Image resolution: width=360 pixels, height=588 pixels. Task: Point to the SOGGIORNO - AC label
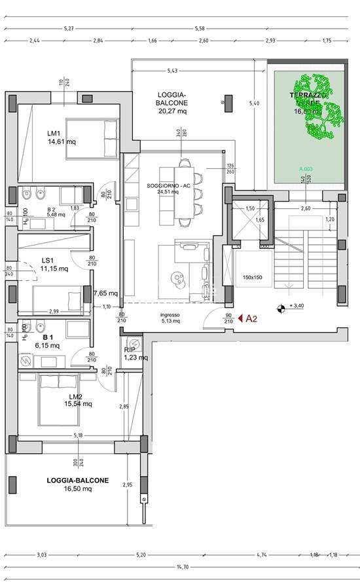169,185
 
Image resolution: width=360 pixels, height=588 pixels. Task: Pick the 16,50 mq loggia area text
78,488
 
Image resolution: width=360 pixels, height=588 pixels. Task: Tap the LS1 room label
46,259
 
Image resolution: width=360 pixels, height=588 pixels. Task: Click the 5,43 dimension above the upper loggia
173,70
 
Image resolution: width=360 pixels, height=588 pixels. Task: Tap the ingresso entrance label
170,314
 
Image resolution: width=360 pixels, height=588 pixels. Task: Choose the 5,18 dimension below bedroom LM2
79,435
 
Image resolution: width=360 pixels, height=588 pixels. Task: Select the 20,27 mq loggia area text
172,111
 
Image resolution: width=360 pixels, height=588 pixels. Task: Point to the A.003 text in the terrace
306,168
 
